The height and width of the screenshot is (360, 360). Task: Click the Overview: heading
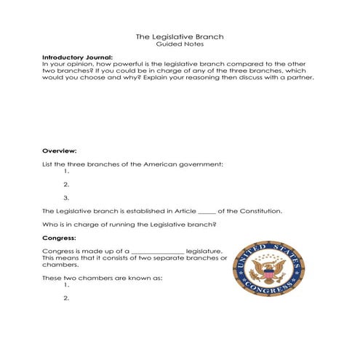55,150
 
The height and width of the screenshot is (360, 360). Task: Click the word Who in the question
49,224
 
